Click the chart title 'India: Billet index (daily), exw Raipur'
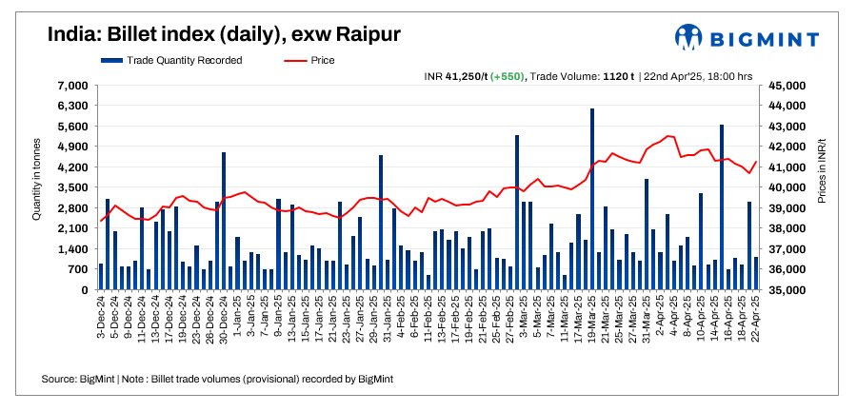(x=224, y=35)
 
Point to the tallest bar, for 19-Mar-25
(x=592, y=200)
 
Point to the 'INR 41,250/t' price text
(x=456, y=76)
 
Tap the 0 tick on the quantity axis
(x=85, y=290)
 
